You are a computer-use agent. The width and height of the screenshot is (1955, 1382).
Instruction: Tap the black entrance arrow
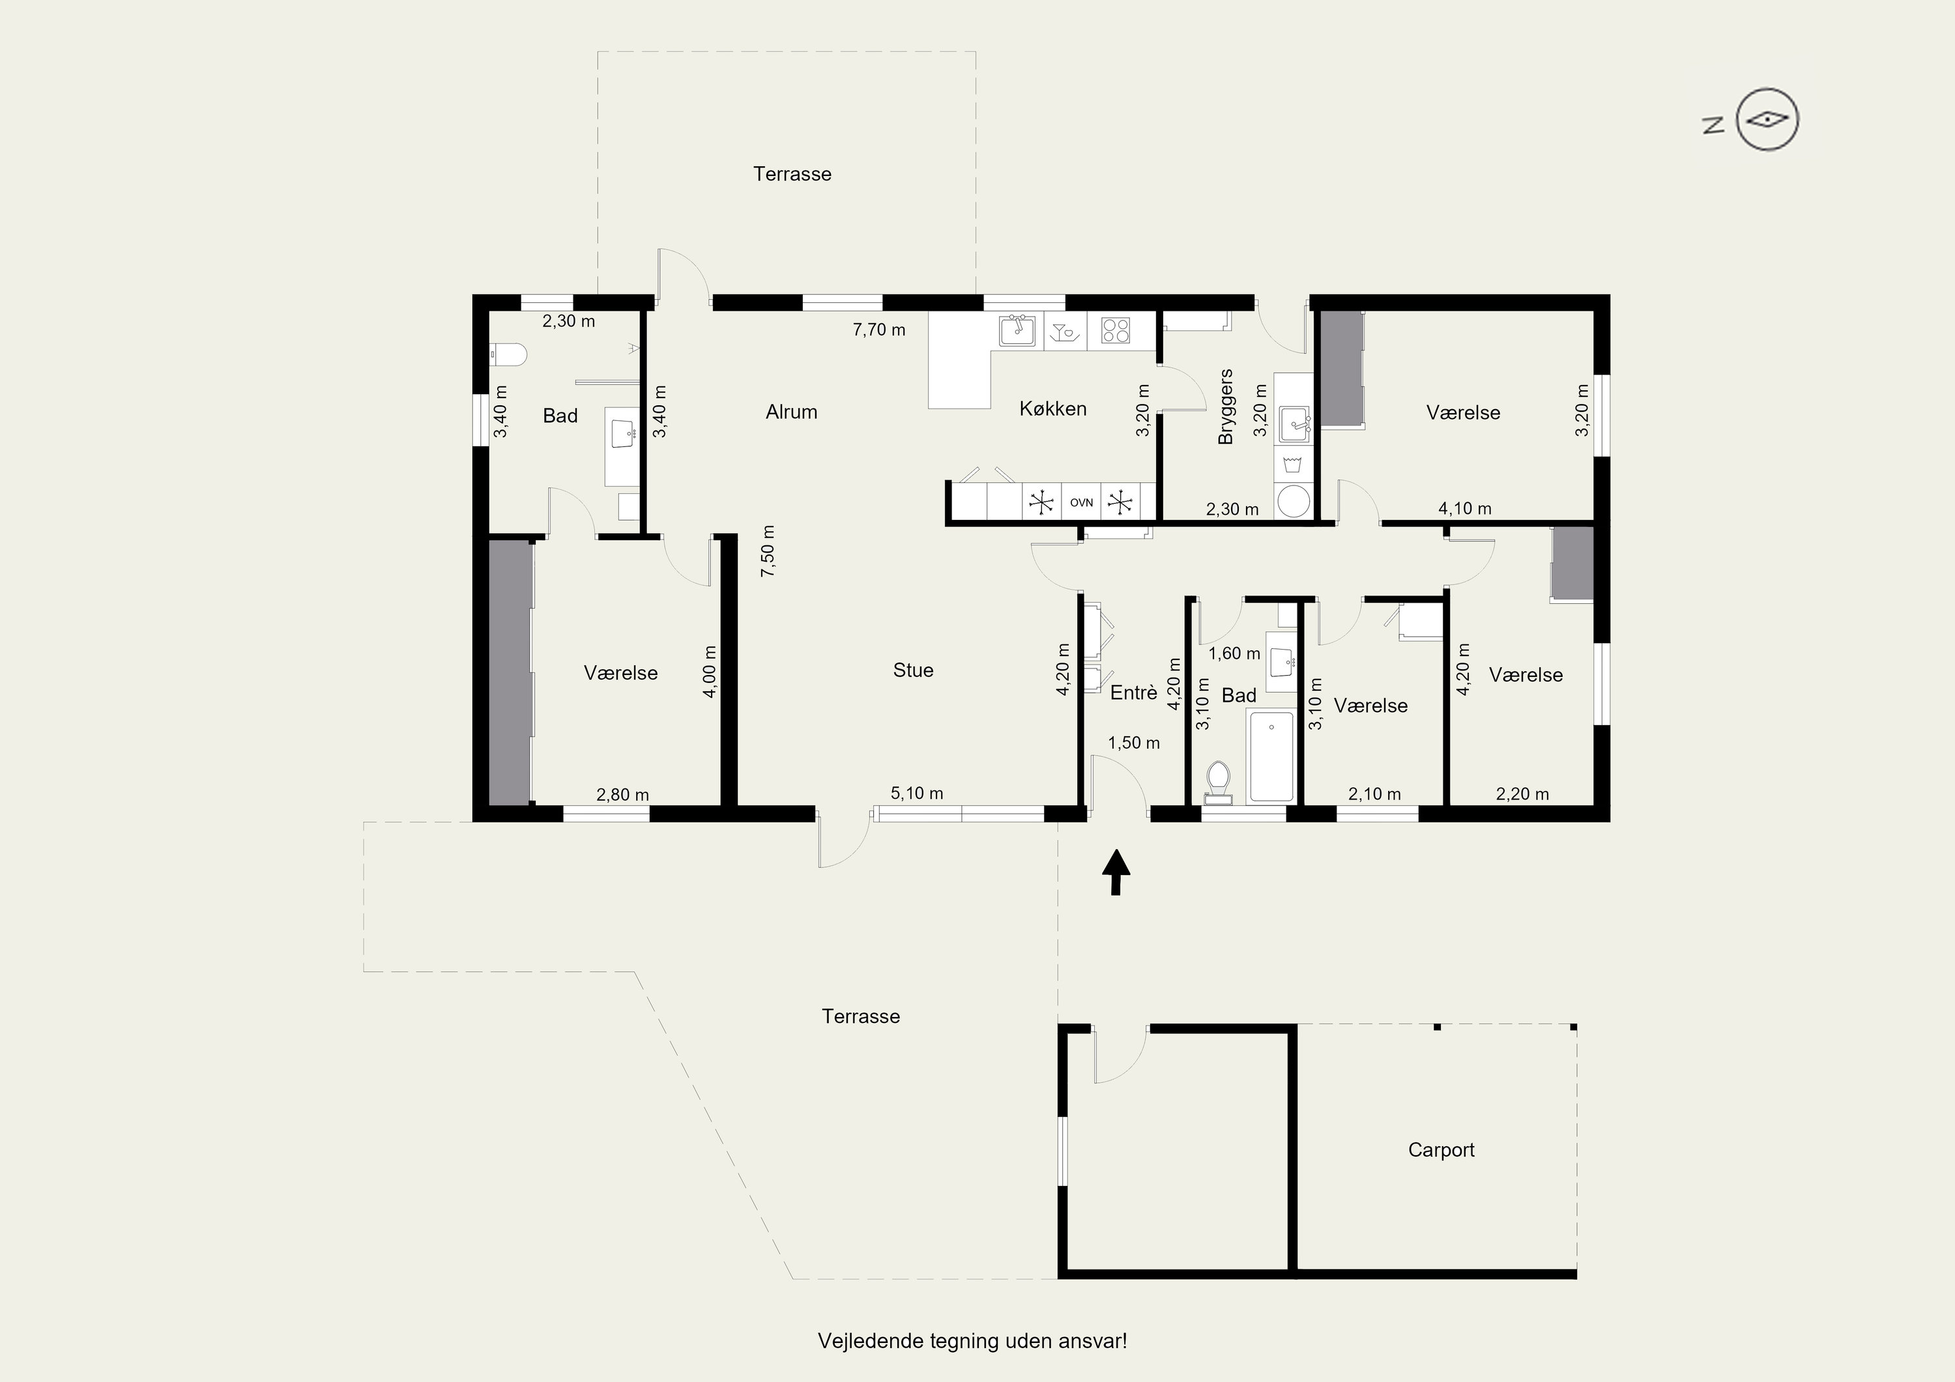click(x=1116, y=871)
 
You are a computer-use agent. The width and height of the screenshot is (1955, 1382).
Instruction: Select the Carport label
click(x=1441, y=1149)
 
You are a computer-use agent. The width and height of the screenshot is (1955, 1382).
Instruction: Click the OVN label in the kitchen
click(x=1081, y=502)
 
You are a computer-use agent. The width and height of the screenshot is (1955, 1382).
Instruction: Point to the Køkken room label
click(x=1052, y=409)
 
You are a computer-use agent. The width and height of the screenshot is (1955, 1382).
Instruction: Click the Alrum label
click(x=791, y=412)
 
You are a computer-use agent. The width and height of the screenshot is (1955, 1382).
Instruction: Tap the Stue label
click(x=913, y=670)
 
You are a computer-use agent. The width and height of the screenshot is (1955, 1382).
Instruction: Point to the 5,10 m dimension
click(x=916, y=793)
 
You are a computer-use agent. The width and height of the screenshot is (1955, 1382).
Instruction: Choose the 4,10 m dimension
click(x=1464, y=508)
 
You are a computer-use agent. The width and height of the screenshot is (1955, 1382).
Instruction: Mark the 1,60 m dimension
click(x=1235, y=653)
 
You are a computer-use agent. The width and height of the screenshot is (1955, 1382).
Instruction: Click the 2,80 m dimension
click(x=622, y=794)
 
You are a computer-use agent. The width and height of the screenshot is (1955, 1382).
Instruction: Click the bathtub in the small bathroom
click(x=1271, y=756)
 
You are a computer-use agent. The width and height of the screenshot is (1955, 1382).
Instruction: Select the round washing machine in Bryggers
click(x=1294, y=502)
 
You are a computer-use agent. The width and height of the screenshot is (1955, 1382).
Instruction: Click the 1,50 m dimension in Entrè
click(x=1133, y=743)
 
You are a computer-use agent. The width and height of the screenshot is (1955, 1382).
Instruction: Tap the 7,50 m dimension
click(x=768, y=551)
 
